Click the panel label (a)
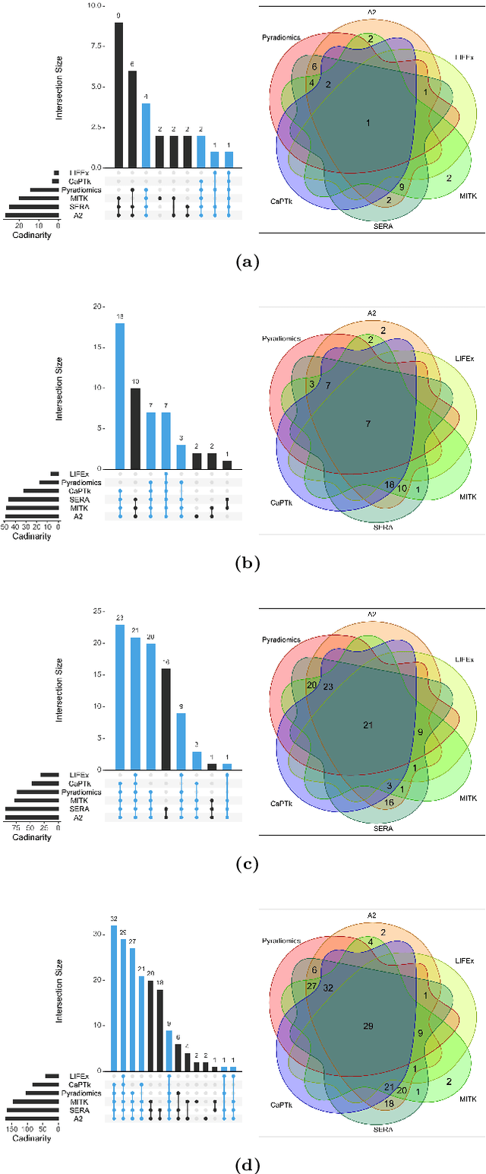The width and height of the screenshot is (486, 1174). coord(248,262)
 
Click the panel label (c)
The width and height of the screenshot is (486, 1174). coord(248,865)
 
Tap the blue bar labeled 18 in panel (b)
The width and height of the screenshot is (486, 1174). coord(119,396)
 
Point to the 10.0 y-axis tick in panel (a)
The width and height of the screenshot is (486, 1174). coord(94,6)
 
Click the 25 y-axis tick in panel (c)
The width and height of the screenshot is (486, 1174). coord(98,611)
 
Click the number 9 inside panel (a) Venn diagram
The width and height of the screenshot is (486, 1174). coord(401,186)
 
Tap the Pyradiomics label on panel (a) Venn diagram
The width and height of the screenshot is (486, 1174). coord(281,36)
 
